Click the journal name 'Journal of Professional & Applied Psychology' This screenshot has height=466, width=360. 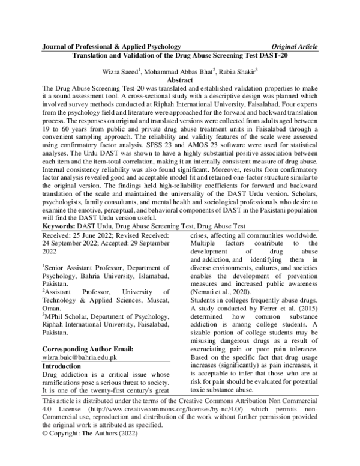pyautogui.click(x=112, y=46)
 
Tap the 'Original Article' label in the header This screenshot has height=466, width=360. pyautogui.click(x=295, y=46)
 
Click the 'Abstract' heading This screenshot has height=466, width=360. pyautogui.click(x=180, y=79)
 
